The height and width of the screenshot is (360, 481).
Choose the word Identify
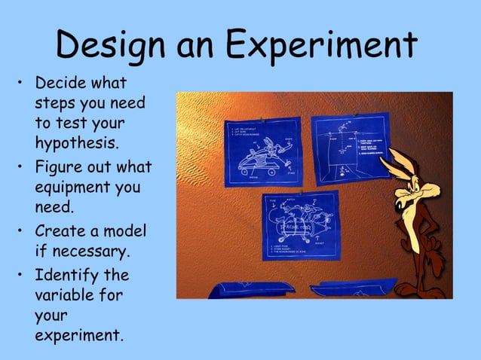[x=71, y=275]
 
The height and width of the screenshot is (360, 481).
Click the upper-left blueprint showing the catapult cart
[x=263, y=151]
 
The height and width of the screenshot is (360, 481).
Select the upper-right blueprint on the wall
[x=350, y=147]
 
